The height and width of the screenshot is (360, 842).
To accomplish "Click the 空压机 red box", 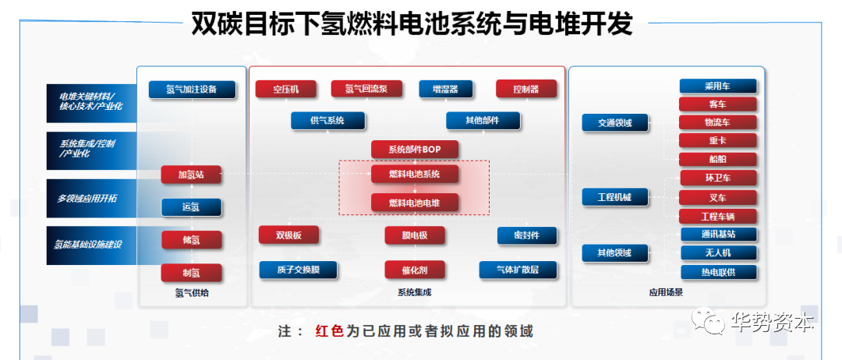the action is click(x=285, y=89).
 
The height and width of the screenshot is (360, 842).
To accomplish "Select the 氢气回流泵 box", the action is click(x=366, y=89).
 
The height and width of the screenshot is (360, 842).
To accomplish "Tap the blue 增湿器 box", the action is click(x=445, y=89).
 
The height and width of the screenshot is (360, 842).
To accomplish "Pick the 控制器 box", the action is click(x=525, y=89).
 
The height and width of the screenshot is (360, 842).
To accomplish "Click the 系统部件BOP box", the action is click(x=414, y=150).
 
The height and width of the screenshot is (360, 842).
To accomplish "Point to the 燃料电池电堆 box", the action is click(x=415, y=203).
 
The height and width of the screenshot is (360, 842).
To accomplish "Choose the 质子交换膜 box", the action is click(x=298, y=270).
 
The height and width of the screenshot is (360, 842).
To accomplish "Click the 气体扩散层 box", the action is click(x=517, y=270).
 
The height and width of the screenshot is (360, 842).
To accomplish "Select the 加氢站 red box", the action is click(x=191, y=175).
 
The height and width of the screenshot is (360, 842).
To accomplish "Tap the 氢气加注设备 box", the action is click(x=192, y=90).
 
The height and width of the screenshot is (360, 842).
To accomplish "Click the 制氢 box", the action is click(x=191, y=273).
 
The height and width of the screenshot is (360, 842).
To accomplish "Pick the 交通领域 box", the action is click(x=615, y=123).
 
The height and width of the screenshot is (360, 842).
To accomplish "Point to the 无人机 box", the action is click(x=719, y=252).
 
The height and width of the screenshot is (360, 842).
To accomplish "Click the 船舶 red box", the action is click(x=718, y=159).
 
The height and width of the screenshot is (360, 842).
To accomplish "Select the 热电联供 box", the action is click(x=719, y=271).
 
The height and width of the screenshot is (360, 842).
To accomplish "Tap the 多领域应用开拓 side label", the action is click(x=87, y=199).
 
